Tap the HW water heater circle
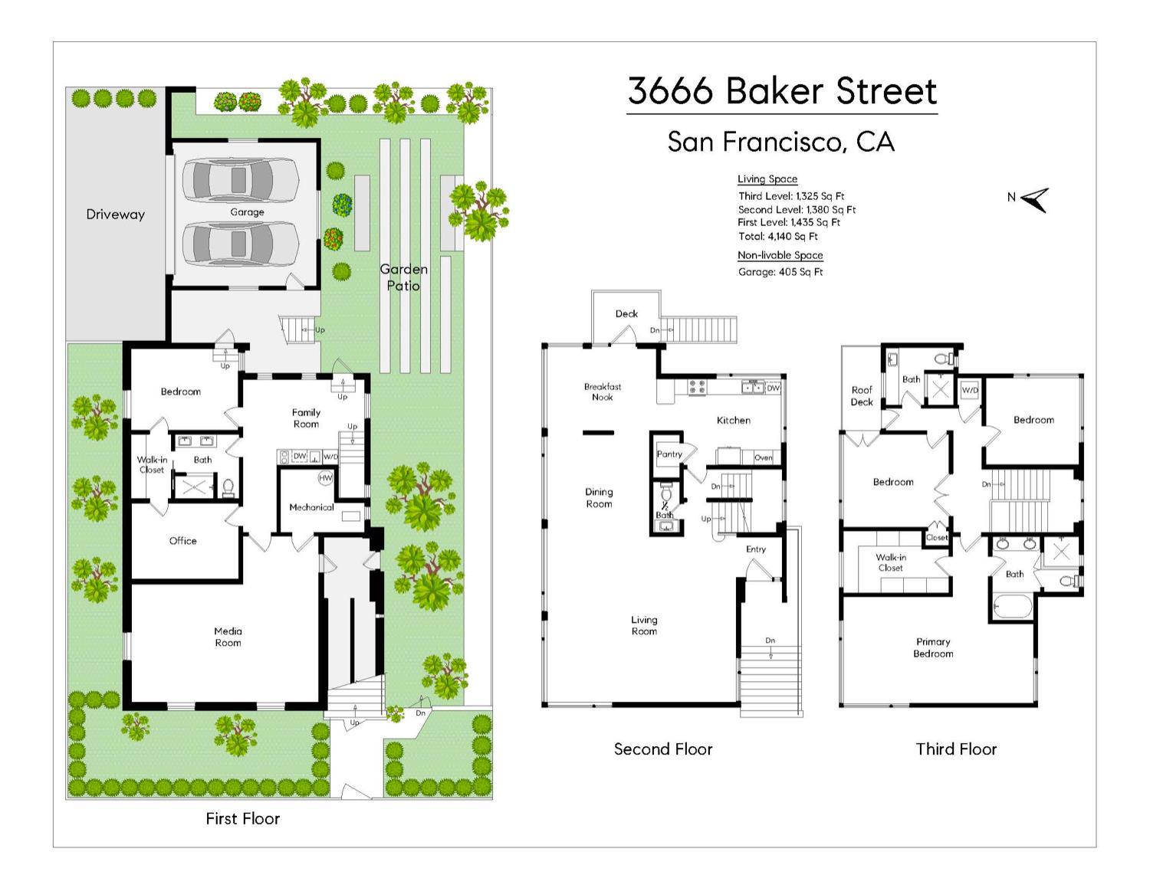pyautogui.click(x=325, y=478)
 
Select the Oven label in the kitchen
pyautogui.click(x=763, y=457)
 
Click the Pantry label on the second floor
pyautogui.click(x=669, y=454)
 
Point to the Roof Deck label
pyautogui.click(x=862, y=396)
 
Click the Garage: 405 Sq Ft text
pyautogui.click(x=780, y=272)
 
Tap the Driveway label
pyautogui.click(x=115, y=215)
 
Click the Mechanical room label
pyautogui.click(x=311, y=507)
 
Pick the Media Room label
pyautogui.click(x=228, y=637)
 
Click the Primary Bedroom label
pyautogui.click(x=933, y=647)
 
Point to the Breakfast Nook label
pyautogui.click(x=602, y=392)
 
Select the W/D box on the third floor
pyautogui.click(x=970, y=390)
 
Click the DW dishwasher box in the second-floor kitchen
pyautogui.click(x=773, y=388)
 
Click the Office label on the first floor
pyautogui.click(x=182, y=541)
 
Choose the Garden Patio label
pyautogui.click(x=403, y=277)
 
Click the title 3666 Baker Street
pyautogui.click(x=782, y=91)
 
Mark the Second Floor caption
pyautogui.click(x=663, y=749)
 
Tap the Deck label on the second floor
pyautogui.click(x=626, y=313)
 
